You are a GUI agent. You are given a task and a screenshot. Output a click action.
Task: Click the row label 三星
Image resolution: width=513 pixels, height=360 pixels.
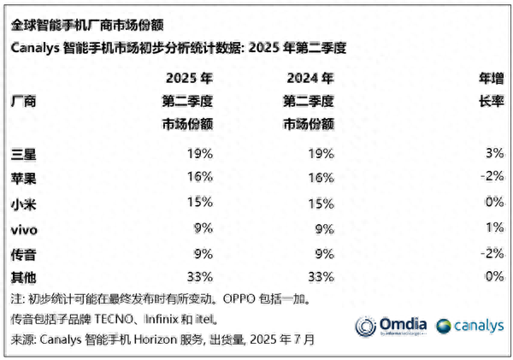tap(24, 154)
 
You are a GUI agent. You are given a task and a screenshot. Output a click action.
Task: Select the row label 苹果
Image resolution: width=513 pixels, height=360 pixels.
tap(24, 178)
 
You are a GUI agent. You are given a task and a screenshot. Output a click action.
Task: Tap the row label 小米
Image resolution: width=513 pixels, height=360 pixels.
tap(24, 203)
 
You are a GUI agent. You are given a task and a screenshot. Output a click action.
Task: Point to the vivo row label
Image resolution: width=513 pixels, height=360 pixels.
tap(24, 228)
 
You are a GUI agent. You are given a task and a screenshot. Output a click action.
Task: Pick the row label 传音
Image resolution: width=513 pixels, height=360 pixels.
tap(24, 253)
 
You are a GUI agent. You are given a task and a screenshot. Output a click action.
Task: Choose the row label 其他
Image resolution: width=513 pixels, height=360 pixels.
tap(24, 277)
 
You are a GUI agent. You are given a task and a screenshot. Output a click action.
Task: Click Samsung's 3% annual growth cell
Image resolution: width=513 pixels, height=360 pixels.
tap(493, 154)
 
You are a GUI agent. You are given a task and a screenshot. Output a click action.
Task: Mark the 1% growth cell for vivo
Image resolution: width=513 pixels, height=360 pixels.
tap(493, 228)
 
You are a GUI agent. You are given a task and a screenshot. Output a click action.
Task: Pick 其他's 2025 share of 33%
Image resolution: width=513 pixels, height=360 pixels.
tap(197, 277)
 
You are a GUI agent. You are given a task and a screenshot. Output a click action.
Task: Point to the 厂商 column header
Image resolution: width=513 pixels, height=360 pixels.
tap(24, 102)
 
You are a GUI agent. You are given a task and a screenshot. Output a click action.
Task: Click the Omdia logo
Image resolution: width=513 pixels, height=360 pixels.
tap(392, 326)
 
